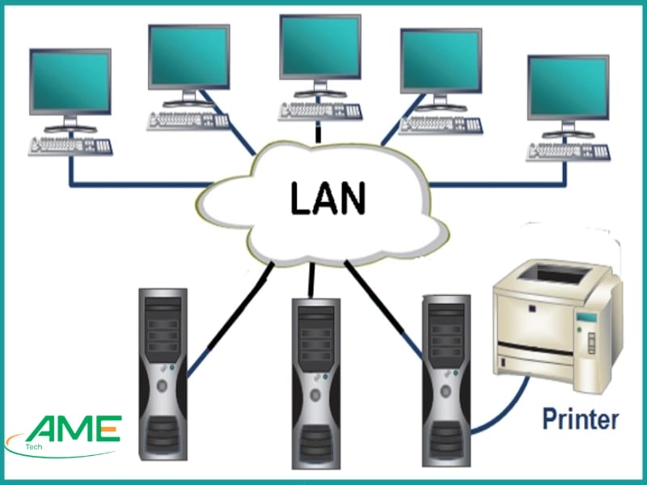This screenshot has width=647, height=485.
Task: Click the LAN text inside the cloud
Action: coord(323,198)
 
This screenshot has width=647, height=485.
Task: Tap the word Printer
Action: coord(581,420)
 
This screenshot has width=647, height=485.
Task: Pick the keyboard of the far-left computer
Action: coord(71,145)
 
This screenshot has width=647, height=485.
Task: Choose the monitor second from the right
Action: coord(440,61)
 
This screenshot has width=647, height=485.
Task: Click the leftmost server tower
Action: coord(163,373)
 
